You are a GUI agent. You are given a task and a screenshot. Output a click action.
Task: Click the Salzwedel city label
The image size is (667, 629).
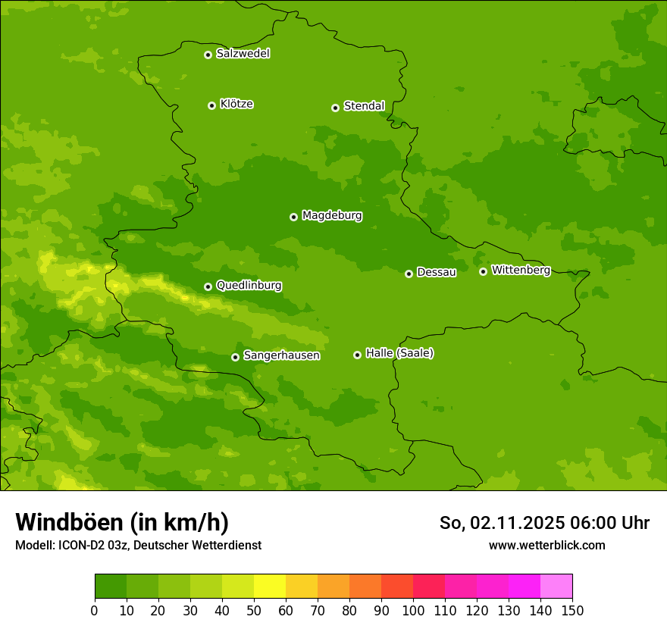243,54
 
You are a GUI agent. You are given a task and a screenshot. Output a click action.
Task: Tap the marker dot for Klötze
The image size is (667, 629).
211,105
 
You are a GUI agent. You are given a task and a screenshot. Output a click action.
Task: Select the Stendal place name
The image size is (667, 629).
364,106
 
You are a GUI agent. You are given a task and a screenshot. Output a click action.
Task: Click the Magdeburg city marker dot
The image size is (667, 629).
293,217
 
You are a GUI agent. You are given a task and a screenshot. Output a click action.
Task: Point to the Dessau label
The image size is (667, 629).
437,272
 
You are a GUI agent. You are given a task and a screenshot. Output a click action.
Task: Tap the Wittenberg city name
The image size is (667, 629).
521,270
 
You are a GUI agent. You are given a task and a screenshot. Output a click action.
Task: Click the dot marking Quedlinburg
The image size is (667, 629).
208,286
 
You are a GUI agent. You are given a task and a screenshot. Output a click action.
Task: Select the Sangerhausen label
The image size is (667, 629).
281,355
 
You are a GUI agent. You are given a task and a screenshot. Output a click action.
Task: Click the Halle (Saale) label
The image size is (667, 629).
399,353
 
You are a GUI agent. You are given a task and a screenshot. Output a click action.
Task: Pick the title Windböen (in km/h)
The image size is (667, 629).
122,522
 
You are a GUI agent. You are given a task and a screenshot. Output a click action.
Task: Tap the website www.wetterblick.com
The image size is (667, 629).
546,545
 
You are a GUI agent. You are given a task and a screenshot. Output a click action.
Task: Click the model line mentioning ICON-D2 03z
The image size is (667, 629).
138,545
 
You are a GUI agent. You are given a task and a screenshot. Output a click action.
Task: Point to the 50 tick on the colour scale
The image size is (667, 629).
254,610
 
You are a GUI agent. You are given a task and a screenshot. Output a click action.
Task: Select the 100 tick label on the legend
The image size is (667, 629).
413,610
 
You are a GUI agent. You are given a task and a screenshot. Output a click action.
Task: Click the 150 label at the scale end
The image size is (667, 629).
572,610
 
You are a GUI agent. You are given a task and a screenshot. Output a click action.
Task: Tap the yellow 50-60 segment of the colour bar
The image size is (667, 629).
270,587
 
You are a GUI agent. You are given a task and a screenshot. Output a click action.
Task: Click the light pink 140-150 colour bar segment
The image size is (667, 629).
556,587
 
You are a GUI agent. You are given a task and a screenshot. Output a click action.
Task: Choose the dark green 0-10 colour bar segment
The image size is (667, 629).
111,587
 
